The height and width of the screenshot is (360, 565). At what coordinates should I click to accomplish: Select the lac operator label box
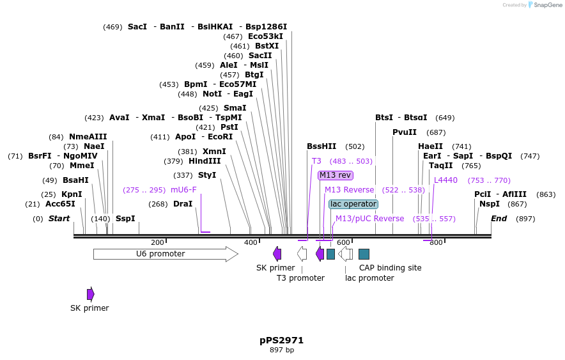[353, 204]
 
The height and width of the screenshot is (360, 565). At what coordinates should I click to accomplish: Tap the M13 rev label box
[336, 175]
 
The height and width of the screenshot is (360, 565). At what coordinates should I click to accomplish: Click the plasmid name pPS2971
[282, 340]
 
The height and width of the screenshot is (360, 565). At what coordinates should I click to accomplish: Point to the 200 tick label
[157, 242]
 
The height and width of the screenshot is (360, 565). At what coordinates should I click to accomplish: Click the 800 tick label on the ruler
[436, 242]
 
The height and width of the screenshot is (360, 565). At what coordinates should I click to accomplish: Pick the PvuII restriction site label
[405, 132]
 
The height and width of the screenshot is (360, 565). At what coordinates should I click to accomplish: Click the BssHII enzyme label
[321, 146]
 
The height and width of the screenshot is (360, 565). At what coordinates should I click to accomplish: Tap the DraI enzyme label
[183, 204]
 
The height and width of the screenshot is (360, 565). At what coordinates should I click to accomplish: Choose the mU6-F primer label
[183, 190]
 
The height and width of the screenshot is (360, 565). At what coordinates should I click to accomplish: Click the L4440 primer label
[445, 180]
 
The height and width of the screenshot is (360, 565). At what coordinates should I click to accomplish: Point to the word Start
[59, 219]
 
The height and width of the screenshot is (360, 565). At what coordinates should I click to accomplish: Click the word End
[499, 219]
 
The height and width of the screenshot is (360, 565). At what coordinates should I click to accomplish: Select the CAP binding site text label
[390, 268]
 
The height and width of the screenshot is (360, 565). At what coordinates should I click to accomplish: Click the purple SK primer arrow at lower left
[91, 293]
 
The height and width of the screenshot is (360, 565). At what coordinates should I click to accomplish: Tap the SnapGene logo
[543, 4]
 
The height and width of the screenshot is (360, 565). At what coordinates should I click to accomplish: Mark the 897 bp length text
[282, 350]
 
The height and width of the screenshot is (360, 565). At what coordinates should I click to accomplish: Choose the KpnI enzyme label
[72, 194]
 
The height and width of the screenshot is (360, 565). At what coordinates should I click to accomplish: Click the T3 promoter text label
[300, 278]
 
